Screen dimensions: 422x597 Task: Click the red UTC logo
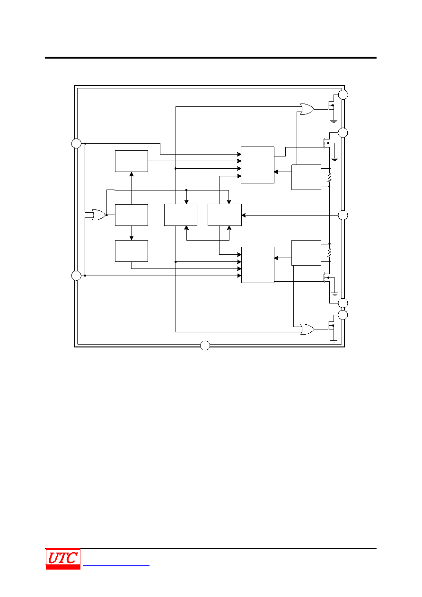63,559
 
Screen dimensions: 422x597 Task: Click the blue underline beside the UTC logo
116,566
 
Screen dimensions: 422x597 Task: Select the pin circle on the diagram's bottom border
205,346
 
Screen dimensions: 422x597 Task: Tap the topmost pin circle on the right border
343,95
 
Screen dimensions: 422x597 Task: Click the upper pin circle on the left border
76,143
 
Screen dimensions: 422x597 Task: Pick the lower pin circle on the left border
76,275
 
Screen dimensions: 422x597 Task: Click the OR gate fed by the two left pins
98,215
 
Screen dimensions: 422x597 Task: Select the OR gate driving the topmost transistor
307,109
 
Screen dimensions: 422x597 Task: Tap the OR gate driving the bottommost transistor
307,329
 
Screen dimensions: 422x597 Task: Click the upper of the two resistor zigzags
329,178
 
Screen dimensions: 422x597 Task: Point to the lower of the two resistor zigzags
329,253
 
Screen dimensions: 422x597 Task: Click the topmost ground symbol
334,121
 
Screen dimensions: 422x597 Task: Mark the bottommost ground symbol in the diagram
334,341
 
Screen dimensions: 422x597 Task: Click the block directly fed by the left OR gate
132,215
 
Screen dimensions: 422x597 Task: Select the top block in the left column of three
132,161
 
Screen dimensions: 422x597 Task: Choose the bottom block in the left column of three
132,251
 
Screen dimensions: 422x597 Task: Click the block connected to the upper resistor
306,177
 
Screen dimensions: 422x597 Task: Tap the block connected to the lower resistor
306,253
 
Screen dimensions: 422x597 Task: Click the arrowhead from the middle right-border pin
244,215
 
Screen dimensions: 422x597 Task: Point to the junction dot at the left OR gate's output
107,215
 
